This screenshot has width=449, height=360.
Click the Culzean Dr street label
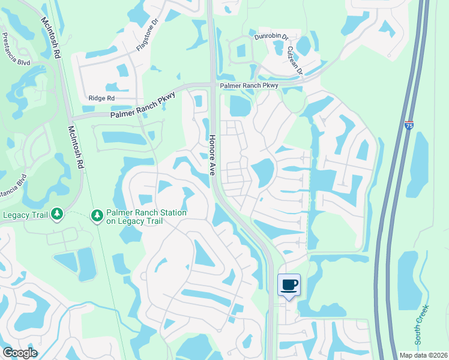(294, 61)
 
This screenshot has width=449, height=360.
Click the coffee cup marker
(289, 284)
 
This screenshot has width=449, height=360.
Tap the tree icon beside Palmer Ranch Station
(97, 215)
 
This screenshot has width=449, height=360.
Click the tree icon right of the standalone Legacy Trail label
(57, 214)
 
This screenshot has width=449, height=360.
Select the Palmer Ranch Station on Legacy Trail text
(146, 217)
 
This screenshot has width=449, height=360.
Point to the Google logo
(20, 353)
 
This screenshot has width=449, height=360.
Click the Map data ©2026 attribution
(424, 355)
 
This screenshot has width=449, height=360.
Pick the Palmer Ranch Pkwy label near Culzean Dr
(249, 86)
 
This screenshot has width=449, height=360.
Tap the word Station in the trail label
(170, 213)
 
